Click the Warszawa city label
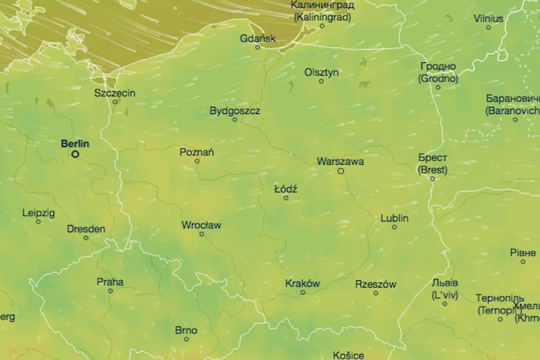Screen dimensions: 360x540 (340, 161)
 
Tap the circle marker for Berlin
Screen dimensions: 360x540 (75, 154)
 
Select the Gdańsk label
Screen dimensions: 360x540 (257, 38)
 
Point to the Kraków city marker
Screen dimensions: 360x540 (302, 292)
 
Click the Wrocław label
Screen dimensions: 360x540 (201, 225)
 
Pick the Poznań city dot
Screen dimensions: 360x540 (197, 161)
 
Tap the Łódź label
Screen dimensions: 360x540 (286, 189)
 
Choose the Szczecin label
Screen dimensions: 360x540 (115, 92)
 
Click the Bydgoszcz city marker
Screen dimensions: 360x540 (235, 120)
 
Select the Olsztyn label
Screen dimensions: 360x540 (321, 72)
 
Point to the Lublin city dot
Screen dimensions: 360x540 (395, 227)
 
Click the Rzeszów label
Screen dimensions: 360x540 (376, 284)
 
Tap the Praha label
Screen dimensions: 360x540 (110, 282)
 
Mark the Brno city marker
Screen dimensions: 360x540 (186, 339)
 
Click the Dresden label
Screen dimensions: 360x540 (86, 229)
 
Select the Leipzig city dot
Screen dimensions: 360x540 (38, 222)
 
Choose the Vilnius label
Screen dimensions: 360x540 (488, 18)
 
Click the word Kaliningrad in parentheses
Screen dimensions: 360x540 (322, 17)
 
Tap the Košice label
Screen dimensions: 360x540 (348, 355)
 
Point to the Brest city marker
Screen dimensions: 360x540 (433, 178)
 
